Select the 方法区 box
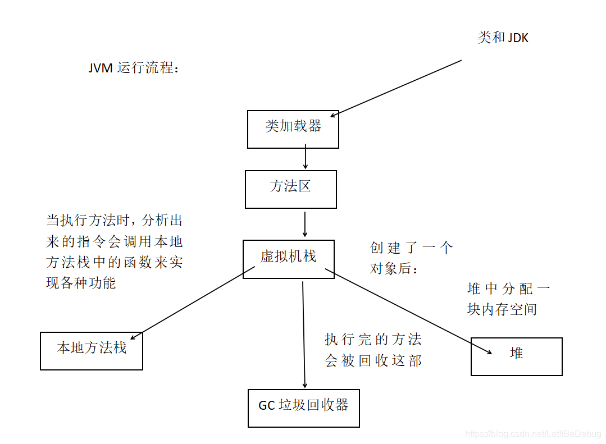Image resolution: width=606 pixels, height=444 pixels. pos(291,189)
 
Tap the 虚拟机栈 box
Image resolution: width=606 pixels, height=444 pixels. pos(289,259)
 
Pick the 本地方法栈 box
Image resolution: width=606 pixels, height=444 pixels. pos(92,351)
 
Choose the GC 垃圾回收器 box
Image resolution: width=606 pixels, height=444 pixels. pos(303,408)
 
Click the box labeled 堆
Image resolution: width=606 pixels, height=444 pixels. pos(516,356)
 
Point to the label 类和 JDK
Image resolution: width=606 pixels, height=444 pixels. pos(503,38)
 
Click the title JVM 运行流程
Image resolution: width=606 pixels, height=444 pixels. pos(134,68)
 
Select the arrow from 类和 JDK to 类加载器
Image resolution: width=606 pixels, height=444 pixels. pos(396,88)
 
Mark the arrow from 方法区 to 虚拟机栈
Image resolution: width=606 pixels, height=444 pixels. pos(305,224)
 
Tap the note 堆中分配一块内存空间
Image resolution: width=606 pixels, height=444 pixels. pos(508,299)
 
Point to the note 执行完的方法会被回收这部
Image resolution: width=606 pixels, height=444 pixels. pos(373,350)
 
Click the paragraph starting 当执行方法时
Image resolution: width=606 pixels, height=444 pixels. pos(114,251)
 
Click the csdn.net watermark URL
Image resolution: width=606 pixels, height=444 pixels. pos(534,434)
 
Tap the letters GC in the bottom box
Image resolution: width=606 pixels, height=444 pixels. pos(266,405)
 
